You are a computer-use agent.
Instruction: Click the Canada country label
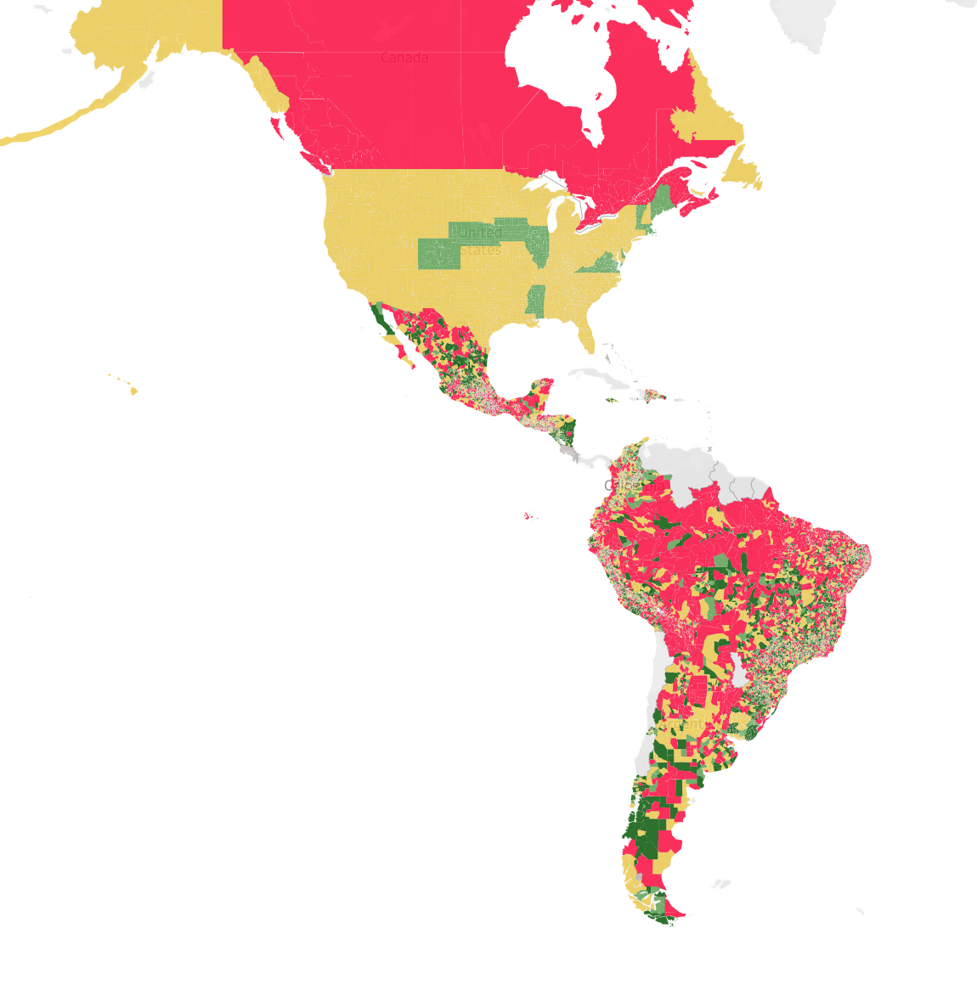pyautogui.click(x=404, y=58)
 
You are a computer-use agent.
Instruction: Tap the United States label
pyautogui.click(x=477, y=241)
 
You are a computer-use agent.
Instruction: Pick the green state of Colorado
pyautogui.click(x=438, y=254)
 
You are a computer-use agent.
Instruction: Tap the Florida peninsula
pyautogui.click(x=585, y=335)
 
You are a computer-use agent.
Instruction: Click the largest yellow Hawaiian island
pyautogui.click(x=134, y=391)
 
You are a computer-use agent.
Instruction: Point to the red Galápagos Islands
pyautogui.click(x=530, y=515)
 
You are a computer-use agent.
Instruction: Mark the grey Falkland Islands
pyautogui.click(x=720, y=884)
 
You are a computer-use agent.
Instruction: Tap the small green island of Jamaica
pyautogui.click(x=612, y=400)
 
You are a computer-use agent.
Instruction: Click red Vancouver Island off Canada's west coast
pyautogui.click(x=276, y=127)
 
